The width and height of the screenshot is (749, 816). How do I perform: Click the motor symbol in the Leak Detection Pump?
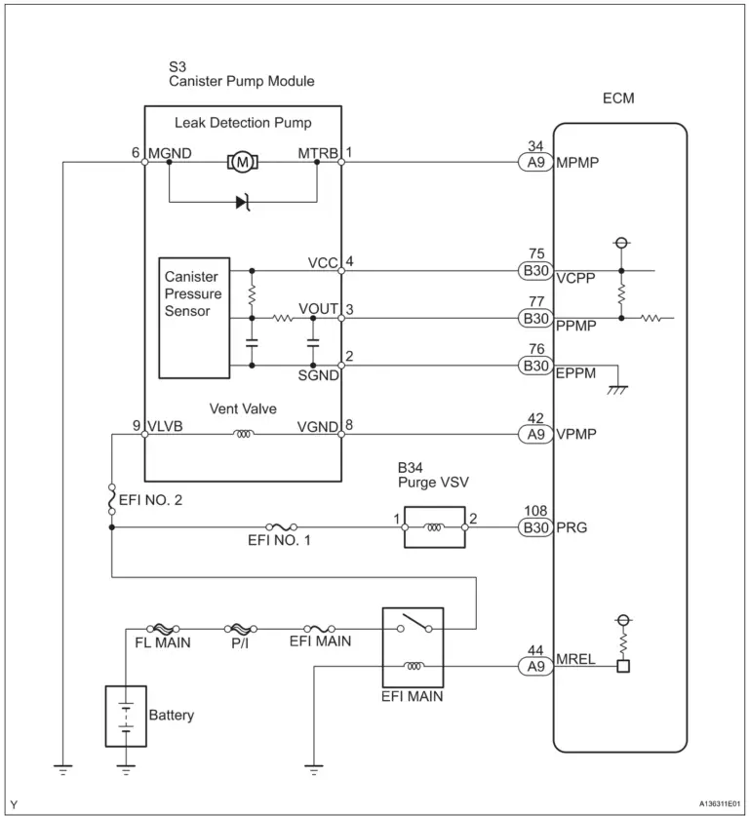(241, 162)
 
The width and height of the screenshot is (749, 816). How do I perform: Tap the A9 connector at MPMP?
(534, 163)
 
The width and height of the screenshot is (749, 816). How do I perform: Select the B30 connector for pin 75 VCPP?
(534, 271)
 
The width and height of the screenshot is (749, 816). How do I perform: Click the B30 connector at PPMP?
(534, 318)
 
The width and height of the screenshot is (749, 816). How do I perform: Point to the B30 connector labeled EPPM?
(534, 366)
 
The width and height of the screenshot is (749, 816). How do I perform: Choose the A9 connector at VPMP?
(534, 435)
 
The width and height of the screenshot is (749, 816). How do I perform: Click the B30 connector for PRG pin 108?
(534, 528)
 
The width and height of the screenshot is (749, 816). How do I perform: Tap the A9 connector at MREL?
(534, 668)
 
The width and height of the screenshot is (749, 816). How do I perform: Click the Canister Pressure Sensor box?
(194, 318)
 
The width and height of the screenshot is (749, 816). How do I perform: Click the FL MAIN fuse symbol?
(161, 629)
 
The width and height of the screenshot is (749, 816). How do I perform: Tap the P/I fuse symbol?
(239, 629)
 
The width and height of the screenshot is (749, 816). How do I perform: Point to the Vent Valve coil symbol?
(242, 435)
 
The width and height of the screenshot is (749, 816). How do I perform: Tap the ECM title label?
(619, 98)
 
